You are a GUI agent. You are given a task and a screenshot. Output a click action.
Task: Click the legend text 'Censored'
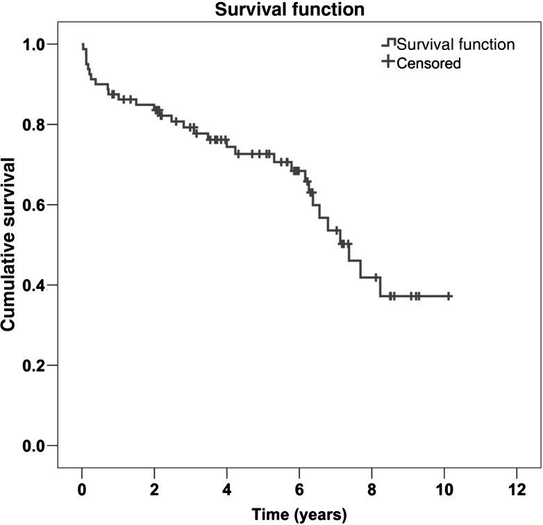click(429, 63)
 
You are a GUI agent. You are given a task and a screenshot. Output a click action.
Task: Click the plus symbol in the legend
click(388, 63)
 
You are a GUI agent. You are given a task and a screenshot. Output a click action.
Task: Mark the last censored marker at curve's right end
click(449, 296)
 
